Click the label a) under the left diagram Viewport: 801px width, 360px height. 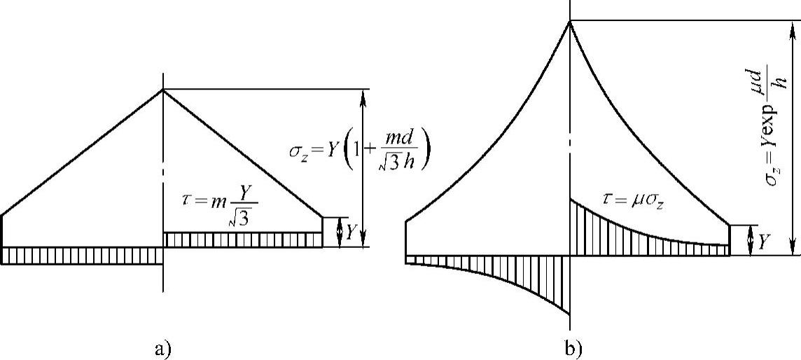tap(160, 347)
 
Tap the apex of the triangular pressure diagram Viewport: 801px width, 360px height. tap(163, 89)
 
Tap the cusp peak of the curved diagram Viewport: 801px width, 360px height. tap(571, 21)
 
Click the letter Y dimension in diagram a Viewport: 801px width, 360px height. tap(351, 233)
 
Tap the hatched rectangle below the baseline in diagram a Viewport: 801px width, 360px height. tap(83, 255)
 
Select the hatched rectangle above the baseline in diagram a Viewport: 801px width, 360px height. tap(243, 240)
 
